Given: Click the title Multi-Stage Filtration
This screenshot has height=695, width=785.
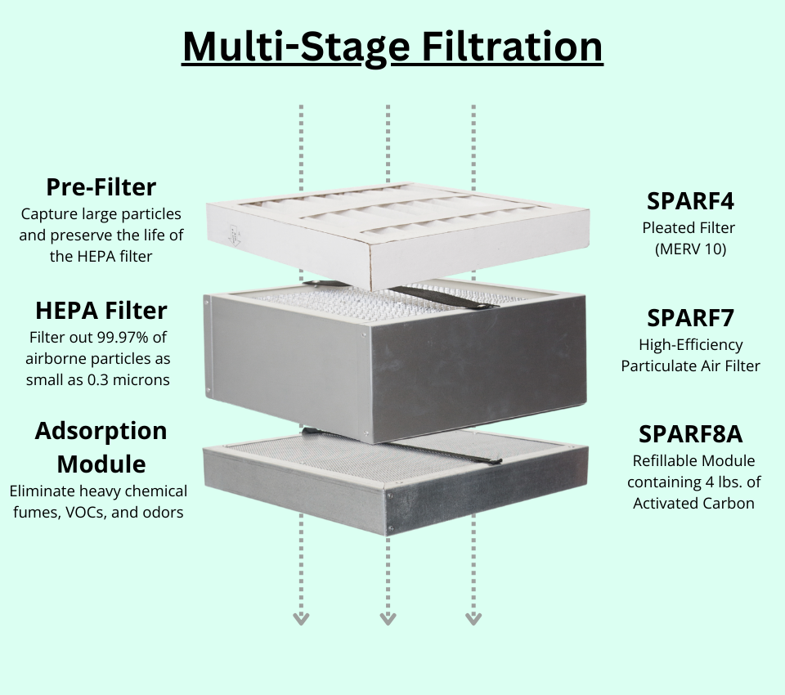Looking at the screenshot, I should coord(392,47).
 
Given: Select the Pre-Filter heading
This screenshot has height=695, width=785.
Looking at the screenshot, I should coord(101,187).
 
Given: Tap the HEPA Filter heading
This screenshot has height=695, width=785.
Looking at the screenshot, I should coord(101,311).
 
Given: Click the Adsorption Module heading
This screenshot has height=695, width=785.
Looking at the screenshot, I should coord(101,447).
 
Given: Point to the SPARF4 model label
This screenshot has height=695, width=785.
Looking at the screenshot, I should coord(690,201).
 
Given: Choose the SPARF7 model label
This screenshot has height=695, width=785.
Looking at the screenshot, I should coord(690,317).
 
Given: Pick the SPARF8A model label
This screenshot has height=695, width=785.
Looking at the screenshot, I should coord(690,433).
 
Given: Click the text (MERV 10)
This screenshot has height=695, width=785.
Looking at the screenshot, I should coord(690,249).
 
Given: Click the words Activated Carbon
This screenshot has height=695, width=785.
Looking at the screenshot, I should coord(693,503).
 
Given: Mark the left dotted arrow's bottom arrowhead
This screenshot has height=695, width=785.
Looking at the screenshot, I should coord(301,618).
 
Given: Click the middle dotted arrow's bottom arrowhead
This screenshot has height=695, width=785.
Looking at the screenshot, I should coord(388,618).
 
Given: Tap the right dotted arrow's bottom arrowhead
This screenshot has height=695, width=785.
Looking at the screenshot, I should coord(473,618).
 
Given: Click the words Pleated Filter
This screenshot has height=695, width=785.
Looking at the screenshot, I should coord(690,227).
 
